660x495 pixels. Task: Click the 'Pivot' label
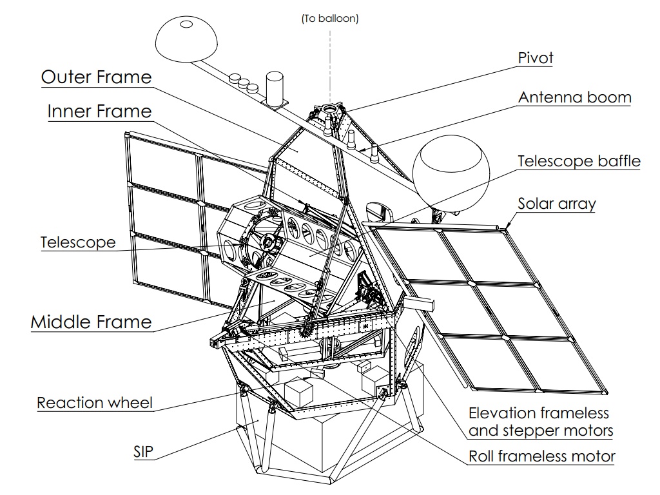click(x=536, y=58)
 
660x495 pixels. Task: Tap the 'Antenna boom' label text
click(x=575, y=97)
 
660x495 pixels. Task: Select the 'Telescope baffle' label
click(x=579, y=160)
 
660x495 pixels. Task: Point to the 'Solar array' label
click(x=557, y=204)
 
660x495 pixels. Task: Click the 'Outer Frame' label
click(x=97, y=77)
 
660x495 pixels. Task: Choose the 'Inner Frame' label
click(x=99, y=112)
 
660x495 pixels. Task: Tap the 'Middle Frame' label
click(x=91, y=322)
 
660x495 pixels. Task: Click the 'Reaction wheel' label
click(x=95, y=403)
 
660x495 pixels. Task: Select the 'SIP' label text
click(x=143, y=452)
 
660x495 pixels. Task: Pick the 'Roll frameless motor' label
click(x=541, y=457)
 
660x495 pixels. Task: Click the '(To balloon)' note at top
click(x=330, y=19)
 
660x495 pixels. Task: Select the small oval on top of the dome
click(x=186, y=24)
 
